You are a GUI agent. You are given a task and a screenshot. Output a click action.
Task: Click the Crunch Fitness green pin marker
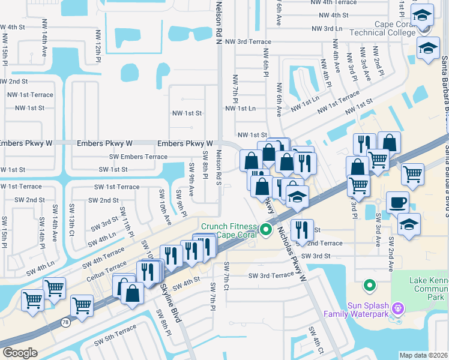(265, 230)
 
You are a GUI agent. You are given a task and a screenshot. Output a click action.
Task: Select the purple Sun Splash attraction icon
(397, 308)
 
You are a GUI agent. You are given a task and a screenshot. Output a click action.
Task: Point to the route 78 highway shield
(64, 322)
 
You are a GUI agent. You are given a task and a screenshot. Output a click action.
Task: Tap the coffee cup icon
(397, 203)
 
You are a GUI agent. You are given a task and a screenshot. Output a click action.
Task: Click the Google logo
(19, 353)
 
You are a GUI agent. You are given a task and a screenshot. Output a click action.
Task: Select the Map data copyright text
(423, 355)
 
